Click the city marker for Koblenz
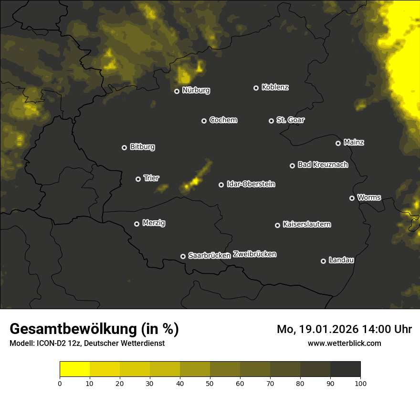click(x=256, y=88)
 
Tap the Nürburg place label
click(x=196, y=90)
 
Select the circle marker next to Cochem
click(x=204, y=121)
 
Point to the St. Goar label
click(x=290, y=120)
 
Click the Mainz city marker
click(x=338, y=143)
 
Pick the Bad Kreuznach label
click(x=323, y=165)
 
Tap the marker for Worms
click(x=352, y=198)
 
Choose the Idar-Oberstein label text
click(x=251, y=184)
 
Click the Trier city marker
click(x=138, y=179)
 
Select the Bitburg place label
click(x=142, y=147)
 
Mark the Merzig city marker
click(x=136, y=224)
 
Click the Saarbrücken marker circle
click(x=183, y=256)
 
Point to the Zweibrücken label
click(x=254, y=254)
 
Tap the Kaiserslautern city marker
click(x=277, y=225)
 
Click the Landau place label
click(x=341, y=260)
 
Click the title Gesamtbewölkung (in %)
click(x=94, y=329)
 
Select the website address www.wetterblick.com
click(x=344, y=343)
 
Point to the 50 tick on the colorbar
click(x=210, y=383)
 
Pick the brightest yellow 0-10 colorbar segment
click(x=74, y=369)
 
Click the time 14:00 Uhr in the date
click(x=386, y=329)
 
